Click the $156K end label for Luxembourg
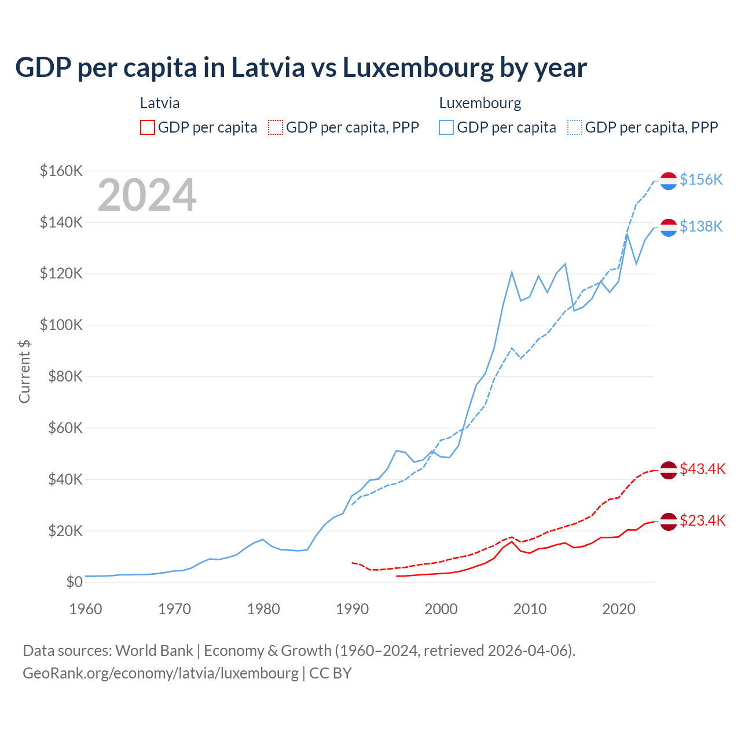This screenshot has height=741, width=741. pyautogui.click(x=701, y=180)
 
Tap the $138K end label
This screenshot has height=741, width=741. pyautogui.click(x=701, y=226)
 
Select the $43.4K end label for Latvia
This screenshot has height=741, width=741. pyautogui.click(x=702, y=469)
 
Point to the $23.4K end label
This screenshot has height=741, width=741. pyautogui.click(x=702, y=520)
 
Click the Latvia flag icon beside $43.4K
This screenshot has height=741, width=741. pyautogui.click(x=669, y=470)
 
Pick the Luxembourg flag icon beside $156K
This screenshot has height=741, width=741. pyautogui.click(x=669, y=181)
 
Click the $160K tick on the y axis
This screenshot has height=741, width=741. pyautogui.click(x=61, y=171)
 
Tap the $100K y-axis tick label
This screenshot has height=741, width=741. pyautogui.click(x=61, y=325)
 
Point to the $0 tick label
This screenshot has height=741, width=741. pyautogui.click(x=74, y=582)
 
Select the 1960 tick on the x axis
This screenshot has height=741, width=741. pyautogui.click(x=86, y=609)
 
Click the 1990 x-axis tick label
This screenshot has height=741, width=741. pyautogui.click(x=353, y=609)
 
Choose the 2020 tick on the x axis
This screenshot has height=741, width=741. pyautogui.click(x=619, y=609)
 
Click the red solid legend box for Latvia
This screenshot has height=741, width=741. pyautogui.click(x=148, y=127)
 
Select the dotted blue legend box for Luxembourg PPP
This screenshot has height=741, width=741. pyautogui.click(x=575, y=127)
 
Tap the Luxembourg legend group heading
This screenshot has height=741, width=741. pyautogui.click(x=480, y=103)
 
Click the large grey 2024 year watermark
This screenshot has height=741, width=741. pyautogui.click(x=147, y=195)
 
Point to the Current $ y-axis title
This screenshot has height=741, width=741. pyautogui.click(x=24, y=371)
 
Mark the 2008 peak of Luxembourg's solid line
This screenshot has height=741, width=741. pyautogui.click(x=512, y=272)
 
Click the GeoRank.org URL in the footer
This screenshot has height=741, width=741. pyautogui.click(x=160, y=673)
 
